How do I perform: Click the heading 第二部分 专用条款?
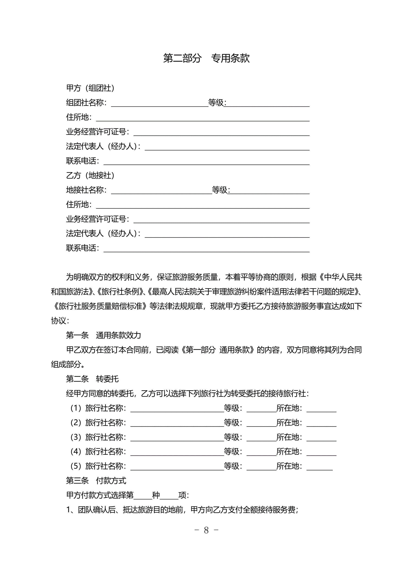206,58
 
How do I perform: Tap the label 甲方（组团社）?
90,88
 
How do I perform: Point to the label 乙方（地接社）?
90,175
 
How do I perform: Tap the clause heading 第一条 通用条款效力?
103,335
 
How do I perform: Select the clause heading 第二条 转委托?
92,379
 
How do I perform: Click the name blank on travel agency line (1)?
177,409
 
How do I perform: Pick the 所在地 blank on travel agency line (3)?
321,438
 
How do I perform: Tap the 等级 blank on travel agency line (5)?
261,467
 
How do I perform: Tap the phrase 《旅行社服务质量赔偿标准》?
100,306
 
